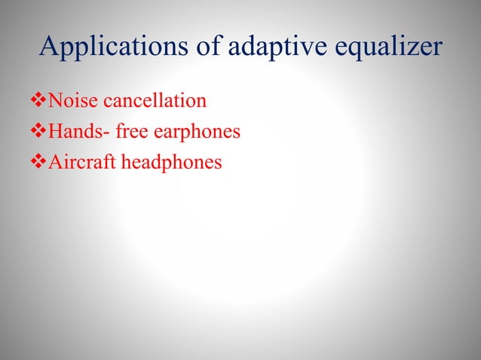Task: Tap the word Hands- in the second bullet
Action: pos(75,132)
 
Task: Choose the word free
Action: pos(130,132)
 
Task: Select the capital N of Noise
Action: pos(54,100)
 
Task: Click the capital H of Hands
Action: pos(54,132)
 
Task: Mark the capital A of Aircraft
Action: pos(54,163)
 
